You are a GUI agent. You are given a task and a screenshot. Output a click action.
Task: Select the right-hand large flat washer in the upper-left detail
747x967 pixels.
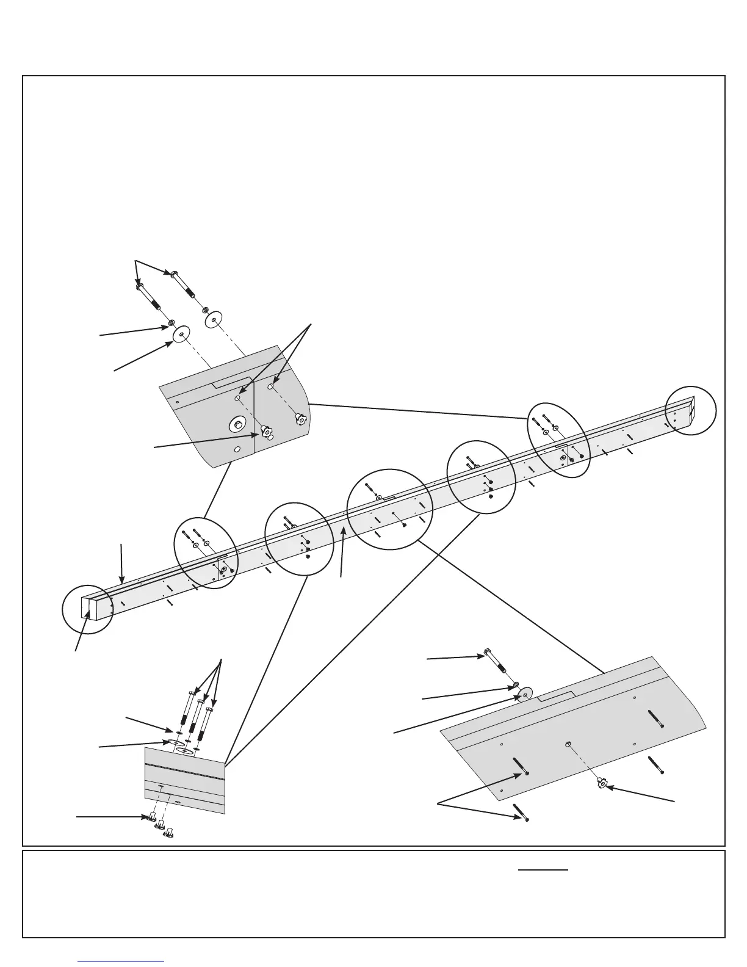pyautogui.click(x=213, y=319)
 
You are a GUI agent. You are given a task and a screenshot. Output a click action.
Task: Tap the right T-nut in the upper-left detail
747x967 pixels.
pyautogui.click(x=300, y=419)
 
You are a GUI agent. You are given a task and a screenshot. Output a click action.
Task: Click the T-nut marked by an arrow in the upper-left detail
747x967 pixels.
pyautogui.click(x=267, y=433)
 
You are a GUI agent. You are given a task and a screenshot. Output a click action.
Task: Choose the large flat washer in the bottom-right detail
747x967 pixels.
pyautogui.click(x=524, y=695)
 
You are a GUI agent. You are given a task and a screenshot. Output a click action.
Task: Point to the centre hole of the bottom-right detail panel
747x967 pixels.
pyautogui.click(x=568, y=744)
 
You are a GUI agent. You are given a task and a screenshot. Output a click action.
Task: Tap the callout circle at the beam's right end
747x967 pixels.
pyautogui.click(x=690, y=410)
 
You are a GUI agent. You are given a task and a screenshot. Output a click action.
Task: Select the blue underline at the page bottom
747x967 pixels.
pyautogui.click(x=121, y=962)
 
